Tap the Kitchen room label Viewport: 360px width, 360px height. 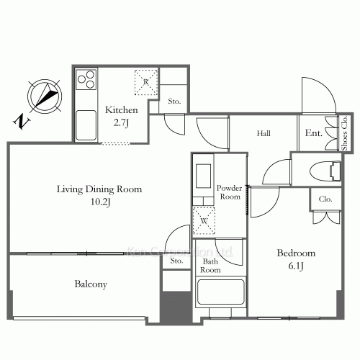pyautogui.click(x=117, y=110)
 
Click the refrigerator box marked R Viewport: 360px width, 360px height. pyautogui.click(x=145, y=82)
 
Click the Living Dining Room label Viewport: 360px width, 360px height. pyautogui.click(x=99, y=189)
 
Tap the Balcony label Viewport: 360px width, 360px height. pyautogui.click(x=91, y=284)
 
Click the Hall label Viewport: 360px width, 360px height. pyautogui.click(x=264, y=133)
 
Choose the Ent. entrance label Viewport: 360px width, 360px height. pyautogui.click(x=314, y=133)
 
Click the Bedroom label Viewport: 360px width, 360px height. pyautogui.click(x=297, y=253)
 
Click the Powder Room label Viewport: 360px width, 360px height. pyautogui.click(x=229, y=192)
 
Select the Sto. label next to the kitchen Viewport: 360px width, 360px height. pyautogui.click(x=174, y=102)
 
